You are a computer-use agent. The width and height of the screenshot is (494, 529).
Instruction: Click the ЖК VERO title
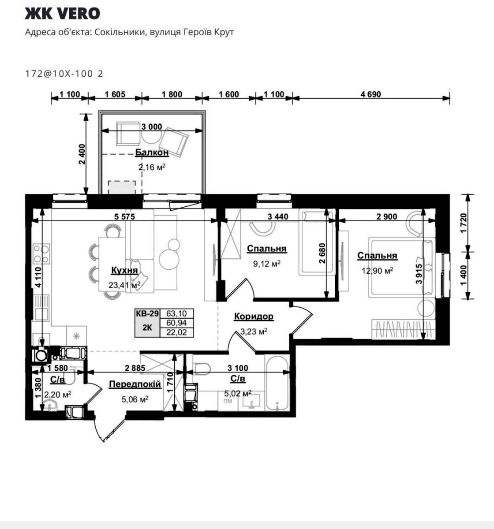(62, 13)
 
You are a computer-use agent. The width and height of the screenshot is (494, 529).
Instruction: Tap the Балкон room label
(152, 153)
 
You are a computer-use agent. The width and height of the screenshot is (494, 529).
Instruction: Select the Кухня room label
(124, 270)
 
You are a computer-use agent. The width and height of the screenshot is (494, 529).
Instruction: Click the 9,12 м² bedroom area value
(266, 264)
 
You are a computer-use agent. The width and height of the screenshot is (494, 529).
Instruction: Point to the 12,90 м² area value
(377, 271)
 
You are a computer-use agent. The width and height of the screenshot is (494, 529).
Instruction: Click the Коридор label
(254, 316)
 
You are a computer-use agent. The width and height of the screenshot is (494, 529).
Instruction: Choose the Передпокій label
(135, 384)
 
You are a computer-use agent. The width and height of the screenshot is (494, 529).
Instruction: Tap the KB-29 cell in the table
(147, 313)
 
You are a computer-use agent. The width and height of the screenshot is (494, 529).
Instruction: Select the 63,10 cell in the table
(176, 313)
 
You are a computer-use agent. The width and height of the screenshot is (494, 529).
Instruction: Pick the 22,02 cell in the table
(176, 332)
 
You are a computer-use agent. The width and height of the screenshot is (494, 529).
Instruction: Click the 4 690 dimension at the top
(370, 94)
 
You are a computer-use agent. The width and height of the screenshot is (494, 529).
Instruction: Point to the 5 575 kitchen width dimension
(124, 216)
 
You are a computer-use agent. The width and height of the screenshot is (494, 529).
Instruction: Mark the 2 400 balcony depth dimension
(82, 154)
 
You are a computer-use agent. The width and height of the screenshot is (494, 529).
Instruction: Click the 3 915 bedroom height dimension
(419, 274)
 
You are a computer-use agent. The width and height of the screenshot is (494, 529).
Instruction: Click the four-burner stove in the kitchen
(41, 254)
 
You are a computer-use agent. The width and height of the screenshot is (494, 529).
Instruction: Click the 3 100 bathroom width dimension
(238, 368)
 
